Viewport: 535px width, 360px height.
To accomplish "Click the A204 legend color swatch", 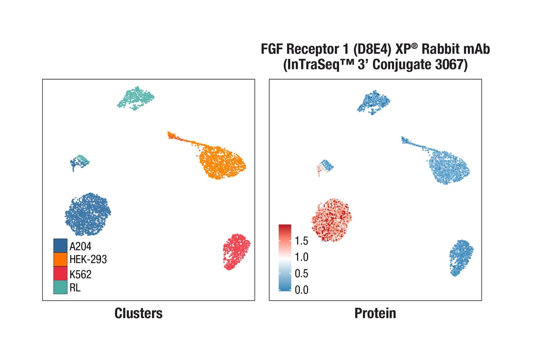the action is (x=60, y=245).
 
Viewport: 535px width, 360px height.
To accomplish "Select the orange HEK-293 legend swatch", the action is (x=60, y=259).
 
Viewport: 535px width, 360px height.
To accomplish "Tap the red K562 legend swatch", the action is (x=60, y=273).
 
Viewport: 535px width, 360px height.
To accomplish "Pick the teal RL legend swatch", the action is (x=60, y=287).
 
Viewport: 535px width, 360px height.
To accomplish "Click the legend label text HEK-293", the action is (x=88, y=259).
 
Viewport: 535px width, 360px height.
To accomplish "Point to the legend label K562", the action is (x=81, y=274).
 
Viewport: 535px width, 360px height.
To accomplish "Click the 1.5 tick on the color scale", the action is (x=301, y=241).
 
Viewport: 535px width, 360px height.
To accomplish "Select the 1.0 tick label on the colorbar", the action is (x=301, y=257).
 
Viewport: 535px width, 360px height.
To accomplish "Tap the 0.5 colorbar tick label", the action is (x=301, y=273).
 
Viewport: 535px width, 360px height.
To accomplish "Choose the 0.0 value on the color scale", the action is (x=301, y=290).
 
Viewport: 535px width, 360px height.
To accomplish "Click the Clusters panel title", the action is (x=138, y=313).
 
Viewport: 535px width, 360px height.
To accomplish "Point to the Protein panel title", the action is (x=375, y=313).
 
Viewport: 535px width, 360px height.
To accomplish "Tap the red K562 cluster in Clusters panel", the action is (x=236, y=252).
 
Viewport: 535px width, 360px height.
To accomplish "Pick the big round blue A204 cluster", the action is (x=88, y=214).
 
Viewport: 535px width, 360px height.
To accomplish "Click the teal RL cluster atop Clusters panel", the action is (x=136, y=98).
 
